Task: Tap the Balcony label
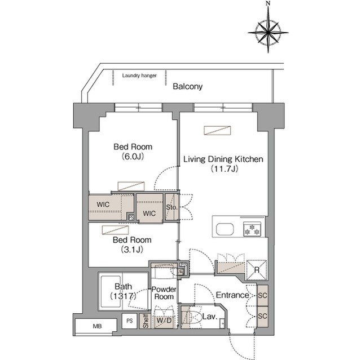coord(188,87)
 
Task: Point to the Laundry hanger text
coord(139,75)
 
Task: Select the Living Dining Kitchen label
coord(223,159)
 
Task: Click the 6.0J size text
coord(133,157)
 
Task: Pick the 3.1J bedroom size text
coord(132,250)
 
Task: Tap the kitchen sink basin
coord(224,229)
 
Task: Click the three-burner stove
coord(252,229)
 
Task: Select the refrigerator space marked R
coord(257,270)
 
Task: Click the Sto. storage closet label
coord(171,207)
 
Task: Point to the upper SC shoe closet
coord(262,295)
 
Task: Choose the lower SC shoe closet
coord(262,316)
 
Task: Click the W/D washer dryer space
coord(164,320)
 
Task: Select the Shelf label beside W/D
coord(146,321)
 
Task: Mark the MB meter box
coord(97,326)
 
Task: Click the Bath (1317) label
coord(124,291)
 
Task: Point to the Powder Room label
coord(164,293)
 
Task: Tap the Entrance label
coord(232,295)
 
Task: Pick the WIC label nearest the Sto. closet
coord(149,214)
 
